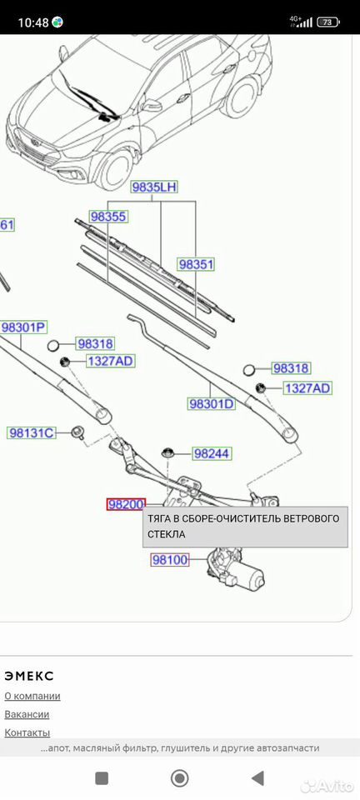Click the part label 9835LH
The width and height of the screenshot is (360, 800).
(x=154, y=187)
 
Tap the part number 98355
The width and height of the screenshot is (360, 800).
(x=108, y=217)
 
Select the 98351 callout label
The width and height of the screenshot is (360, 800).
(x=196, y=264)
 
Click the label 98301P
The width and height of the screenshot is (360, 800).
(x=24, y=327)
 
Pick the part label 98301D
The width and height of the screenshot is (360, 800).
(x=212, y=404)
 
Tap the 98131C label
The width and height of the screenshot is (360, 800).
(x=31, y=433)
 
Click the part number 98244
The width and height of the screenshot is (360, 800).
(x=212, y=453)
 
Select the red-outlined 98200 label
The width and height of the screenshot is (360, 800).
(x=126, y=505)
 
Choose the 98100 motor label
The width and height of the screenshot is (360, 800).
(x=170, y=560)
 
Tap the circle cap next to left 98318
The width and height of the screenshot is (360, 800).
(x=53, y=345)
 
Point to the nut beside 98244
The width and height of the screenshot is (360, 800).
(x=167, y=452)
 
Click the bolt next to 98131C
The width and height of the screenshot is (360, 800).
(x=78, y=430)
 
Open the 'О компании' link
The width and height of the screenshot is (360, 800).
(x=32, y=696)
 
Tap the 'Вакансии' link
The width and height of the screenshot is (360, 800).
(x=27, y=714)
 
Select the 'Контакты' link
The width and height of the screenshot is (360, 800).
(x=27, y=732)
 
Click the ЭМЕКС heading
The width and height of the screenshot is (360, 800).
(x=29, y=676)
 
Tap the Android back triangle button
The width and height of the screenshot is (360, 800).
(x=258, y=778)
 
